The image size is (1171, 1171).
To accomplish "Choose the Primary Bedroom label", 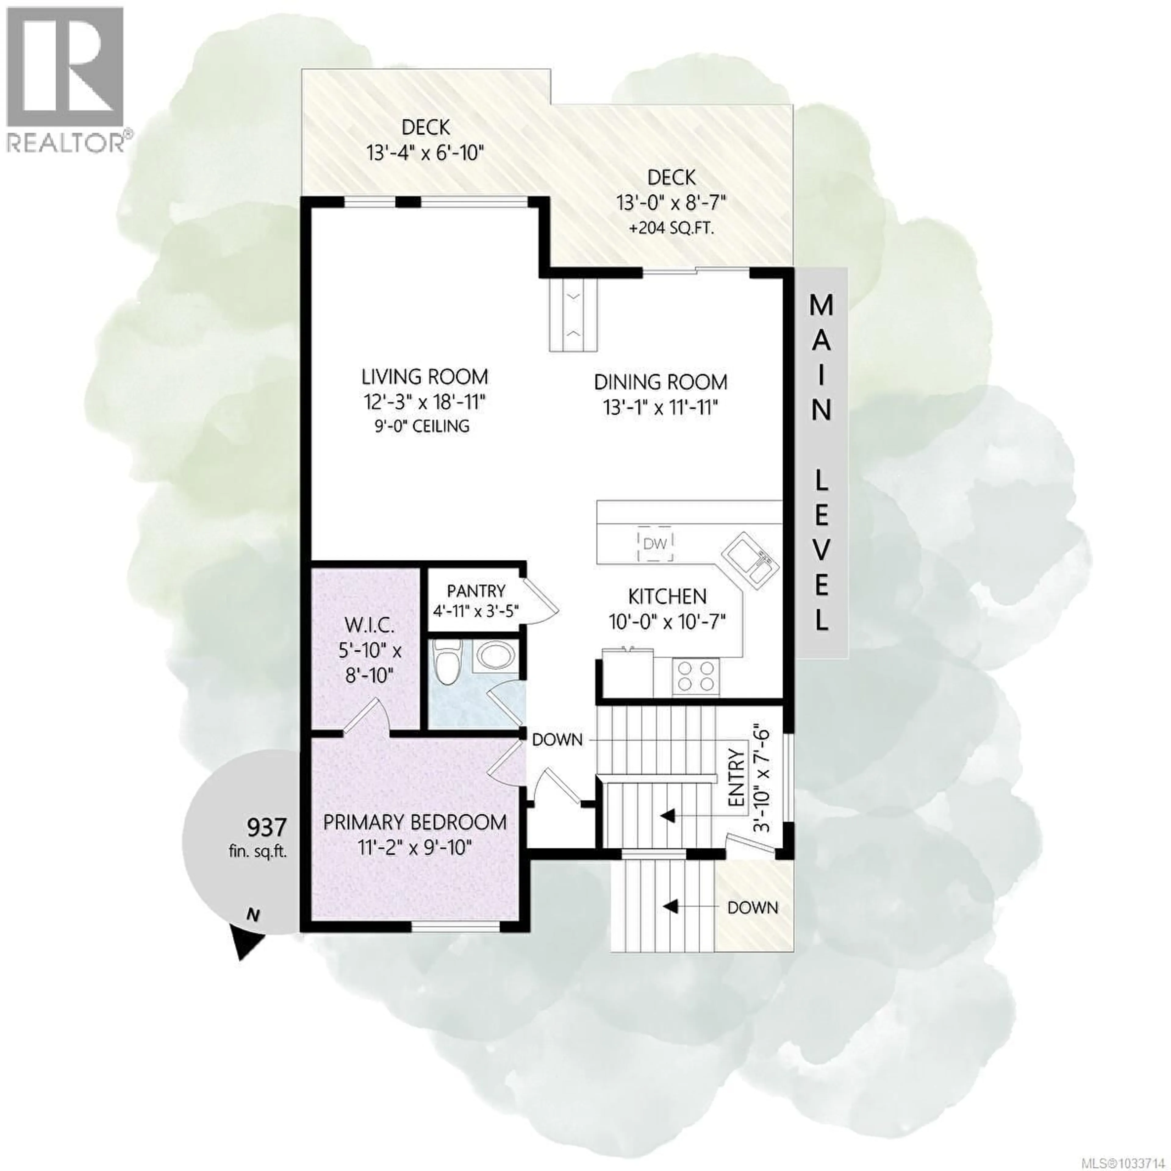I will tap(415, 822).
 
